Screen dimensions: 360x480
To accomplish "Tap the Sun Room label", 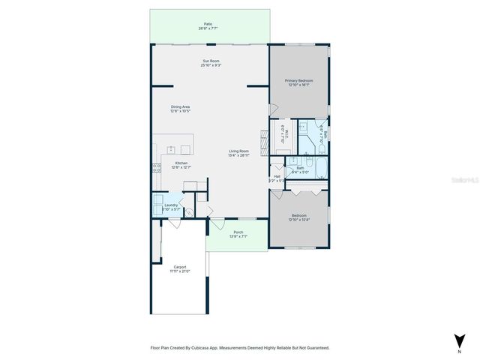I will [x=211, y=61].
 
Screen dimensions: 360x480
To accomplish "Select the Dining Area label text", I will [x=180, y=106].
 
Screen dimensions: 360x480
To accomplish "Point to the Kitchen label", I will [x=181, y=163].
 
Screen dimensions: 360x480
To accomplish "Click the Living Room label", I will [x=238, y=151].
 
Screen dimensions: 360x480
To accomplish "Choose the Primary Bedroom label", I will [x=299, y=80].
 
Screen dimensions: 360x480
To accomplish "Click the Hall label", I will [x=277, y=176].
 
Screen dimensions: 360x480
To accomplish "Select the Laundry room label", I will [x=171, y=205].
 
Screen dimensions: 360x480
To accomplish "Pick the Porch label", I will [x=238, y=232].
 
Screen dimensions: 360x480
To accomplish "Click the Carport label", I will [x=180, y=266].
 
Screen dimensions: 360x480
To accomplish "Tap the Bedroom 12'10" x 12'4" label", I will [x=299, y=216].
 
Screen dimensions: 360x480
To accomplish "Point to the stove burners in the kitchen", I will [x=157, y=168].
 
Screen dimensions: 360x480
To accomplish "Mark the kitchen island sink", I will [x=172, y=148].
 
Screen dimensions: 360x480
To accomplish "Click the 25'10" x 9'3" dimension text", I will [x=211, y=65].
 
